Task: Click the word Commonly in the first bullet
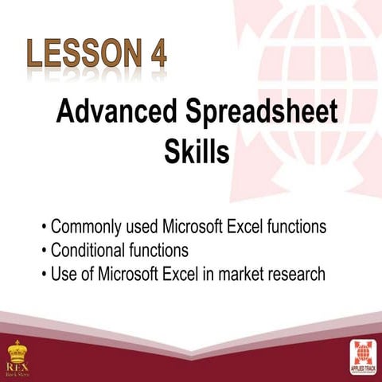[84, 228]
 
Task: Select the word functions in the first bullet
[296, 227]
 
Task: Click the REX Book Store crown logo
[18, 355]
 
